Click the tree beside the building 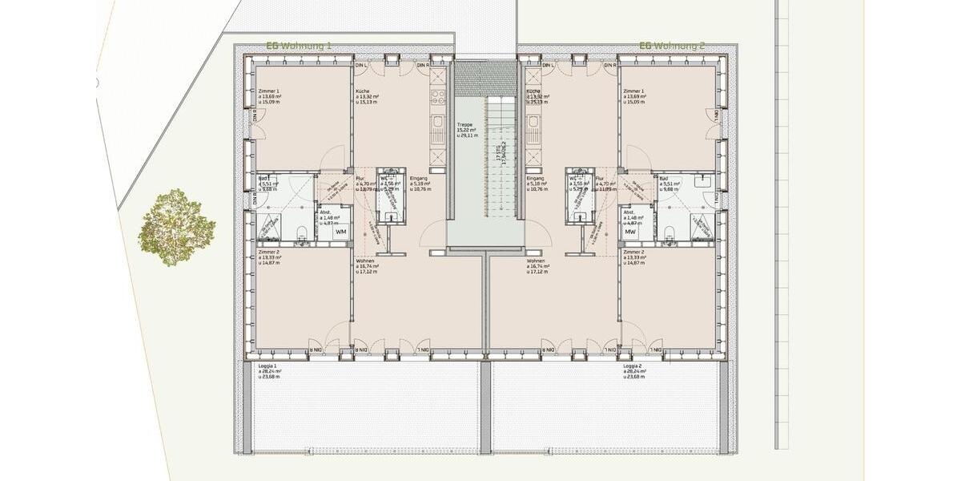pyautogui.click(x=176, y=228)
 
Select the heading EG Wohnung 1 pyautogui.click(x=299, y=46)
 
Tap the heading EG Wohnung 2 pyautogui.click(x=672, y=46)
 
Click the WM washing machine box pyautogui.click(x=341, y=232)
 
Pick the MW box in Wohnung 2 pyautogui.click(x=630, y=232)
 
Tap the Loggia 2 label pyautogui.click(x=633, y=366)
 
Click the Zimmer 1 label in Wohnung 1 pyautogui.click(x=268, y=91)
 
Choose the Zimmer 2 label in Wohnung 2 pyautogui.click(x=633, y=252)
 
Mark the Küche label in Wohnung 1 pyautogui.click(x=363, y=91)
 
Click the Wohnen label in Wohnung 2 pyautogui.click(x=536, y=261)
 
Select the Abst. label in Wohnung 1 pyautogui.click(x=325, y=212)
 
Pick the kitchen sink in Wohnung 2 pyautogui.click(x=533, y=123)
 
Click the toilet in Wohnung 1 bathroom pyautogui.click(x=302, y=232)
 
